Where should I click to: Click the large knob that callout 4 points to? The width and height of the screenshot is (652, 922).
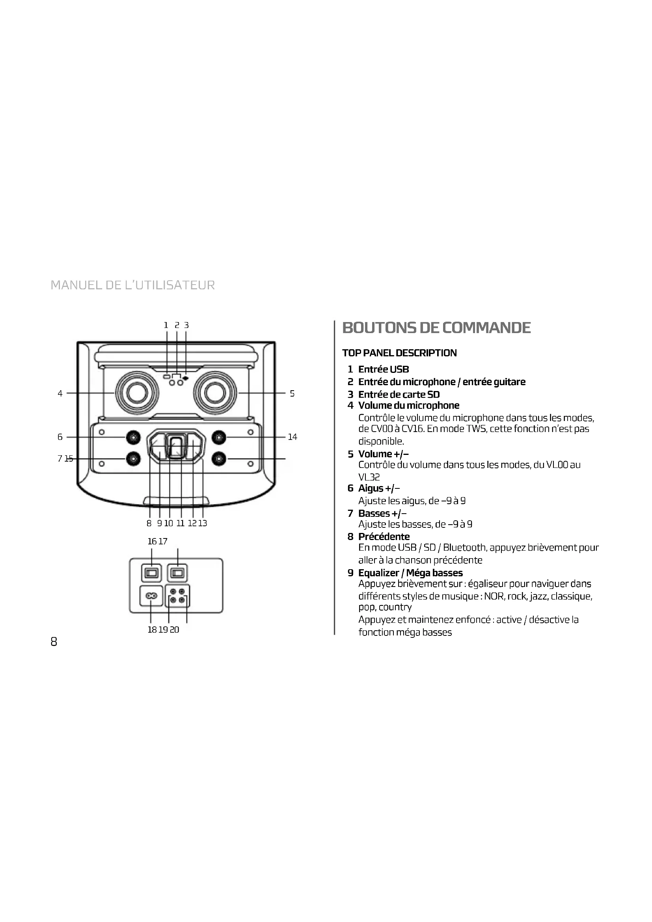pyautogui.click(x=136, y=393)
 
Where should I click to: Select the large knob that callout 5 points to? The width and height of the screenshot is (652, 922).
pyautogui.click(x=214, y=393)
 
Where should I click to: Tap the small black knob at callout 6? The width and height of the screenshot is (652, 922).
pyautogui.click(x=133, y=437)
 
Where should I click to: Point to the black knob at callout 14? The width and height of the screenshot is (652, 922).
pyautogui.click(x=218, y=437)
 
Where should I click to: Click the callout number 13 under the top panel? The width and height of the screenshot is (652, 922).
pyautogui.click(x=203, y=523)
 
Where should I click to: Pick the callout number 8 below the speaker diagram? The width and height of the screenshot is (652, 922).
pyautogui.click(x=149, y=523)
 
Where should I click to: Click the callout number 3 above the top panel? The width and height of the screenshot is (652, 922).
pyautogui.click(x=186, y=325)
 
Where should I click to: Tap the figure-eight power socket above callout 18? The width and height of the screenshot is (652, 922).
pyautogui.click(x=151, y=596)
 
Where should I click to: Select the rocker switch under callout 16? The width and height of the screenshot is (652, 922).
pyautogui.click(x=151, y=573)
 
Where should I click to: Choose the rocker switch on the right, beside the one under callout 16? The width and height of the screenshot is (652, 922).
pyautogui.click(x=177, y=573)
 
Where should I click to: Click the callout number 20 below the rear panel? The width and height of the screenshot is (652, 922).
pyautogui.click(x=174, y=630)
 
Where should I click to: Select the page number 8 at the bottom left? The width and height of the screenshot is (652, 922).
pyautogui.click(x=54, y=642)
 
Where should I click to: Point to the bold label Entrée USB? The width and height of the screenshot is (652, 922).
pyautogui.click(x=384, y=369)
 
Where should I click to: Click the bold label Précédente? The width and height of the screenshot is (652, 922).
pyautogui.click(x=384, y=536)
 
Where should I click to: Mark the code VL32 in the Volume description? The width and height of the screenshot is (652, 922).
pyautogui.click(x=369, y=477)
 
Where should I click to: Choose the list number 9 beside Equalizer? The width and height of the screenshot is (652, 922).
pyautogui.click(x=350, y=573)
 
